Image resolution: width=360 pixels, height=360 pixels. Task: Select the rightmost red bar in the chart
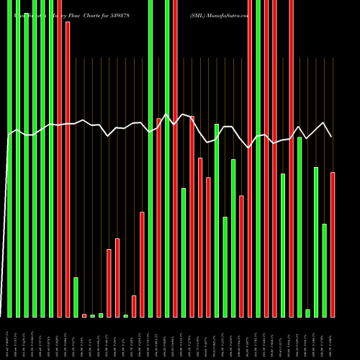[333, 245]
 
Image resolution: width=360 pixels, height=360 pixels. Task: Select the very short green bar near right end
[308, 313]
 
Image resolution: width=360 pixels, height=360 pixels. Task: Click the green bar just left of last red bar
[325, 270]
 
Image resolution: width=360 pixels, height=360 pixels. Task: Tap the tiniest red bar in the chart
[84, 315]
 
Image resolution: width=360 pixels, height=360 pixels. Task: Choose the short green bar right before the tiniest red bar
[76, 297]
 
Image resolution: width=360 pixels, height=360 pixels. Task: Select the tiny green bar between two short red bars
[125, 315]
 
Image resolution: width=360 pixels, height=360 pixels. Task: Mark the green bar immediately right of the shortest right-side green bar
[316, 242]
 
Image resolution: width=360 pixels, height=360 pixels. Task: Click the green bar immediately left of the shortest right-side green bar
[300, 227]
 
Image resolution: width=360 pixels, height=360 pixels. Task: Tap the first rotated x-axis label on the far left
[9, 338]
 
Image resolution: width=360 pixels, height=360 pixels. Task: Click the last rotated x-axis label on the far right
[333, 338]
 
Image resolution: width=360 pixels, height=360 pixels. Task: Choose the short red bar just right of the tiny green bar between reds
[134, 306]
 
